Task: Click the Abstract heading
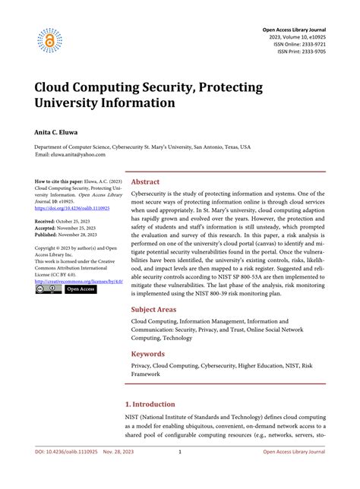tap(146, 182)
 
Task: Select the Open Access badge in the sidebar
tap(81, 289)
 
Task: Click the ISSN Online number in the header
tap(297, 45)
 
